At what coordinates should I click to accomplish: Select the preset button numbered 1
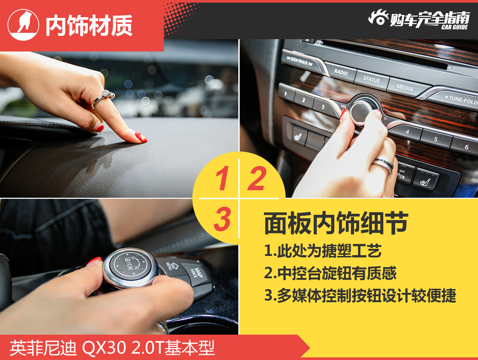[x=286, y=94]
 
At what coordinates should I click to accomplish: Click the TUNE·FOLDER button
[x=457, y=99]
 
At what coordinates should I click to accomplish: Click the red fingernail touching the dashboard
[x=141, y=137]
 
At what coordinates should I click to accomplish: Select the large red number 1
[x=222, y=178]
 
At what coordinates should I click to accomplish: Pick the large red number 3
[x=222, y=219]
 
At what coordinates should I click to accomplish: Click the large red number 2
[x=257, y=178]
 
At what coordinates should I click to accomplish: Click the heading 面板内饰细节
[x=336, y=223]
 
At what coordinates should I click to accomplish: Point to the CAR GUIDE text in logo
[x=454, y=27]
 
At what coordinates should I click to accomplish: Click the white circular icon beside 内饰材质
[x=24, y=25]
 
